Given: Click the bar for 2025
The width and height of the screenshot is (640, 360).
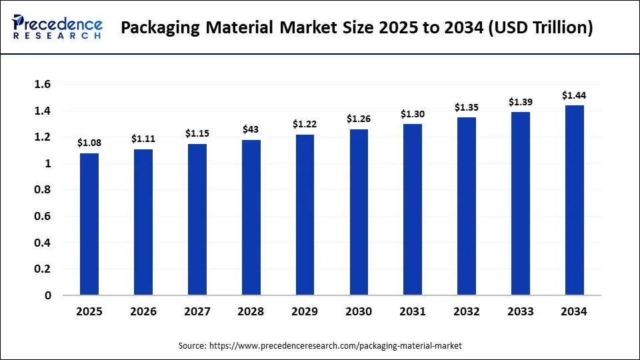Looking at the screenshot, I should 89,224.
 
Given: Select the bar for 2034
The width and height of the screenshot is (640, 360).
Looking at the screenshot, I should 575,200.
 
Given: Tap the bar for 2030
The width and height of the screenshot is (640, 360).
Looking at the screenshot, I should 359,212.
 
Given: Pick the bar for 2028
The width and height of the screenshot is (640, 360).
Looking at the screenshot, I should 251,217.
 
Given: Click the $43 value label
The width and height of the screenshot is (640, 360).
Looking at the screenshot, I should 251,129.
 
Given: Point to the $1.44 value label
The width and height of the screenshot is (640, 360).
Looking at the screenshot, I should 574,95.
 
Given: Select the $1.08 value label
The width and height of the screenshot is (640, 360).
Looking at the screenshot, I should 89,142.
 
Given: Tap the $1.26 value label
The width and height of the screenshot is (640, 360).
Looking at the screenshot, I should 359,119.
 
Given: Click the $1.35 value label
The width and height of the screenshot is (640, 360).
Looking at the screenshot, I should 467,107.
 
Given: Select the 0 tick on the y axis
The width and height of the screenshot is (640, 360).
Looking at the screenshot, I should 48,295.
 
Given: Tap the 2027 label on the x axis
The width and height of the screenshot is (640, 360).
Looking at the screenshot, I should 197,311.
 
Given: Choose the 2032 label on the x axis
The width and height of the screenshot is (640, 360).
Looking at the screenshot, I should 467,311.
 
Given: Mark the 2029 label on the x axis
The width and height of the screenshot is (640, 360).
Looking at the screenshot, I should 305,311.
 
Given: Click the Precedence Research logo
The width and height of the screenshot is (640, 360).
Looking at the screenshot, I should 57,27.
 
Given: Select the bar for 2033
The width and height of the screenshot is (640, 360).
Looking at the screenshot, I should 521,203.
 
